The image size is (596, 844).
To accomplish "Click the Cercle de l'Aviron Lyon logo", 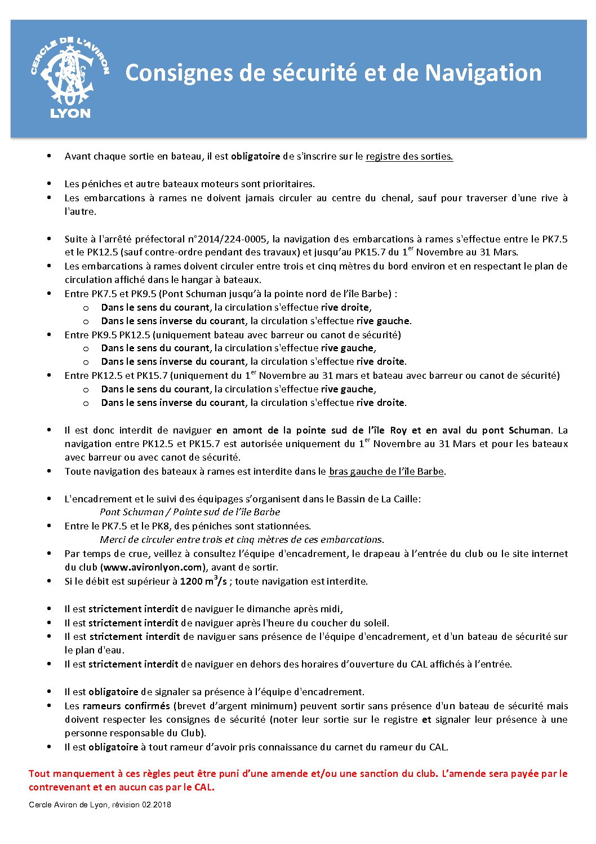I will click(x=70, y=78).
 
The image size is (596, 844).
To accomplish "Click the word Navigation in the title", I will click(x=483, y=73).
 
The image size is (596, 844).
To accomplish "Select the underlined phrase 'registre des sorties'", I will click(x=409, y=157).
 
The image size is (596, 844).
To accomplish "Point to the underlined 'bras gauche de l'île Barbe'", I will click(x=386, y=471).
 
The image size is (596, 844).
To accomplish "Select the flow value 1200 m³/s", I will click(x=203, y=581).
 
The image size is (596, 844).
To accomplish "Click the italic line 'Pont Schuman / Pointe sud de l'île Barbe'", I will click(x=190, y=512).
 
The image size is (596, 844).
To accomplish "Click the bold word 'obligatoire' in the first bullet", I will click(x=255, y=157).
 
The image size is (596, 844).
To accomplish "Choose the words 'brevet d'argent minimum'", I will click(x=236, y=706).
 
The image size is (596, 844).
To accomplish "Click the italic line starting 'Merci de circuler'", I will click(x=242, y=540).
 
